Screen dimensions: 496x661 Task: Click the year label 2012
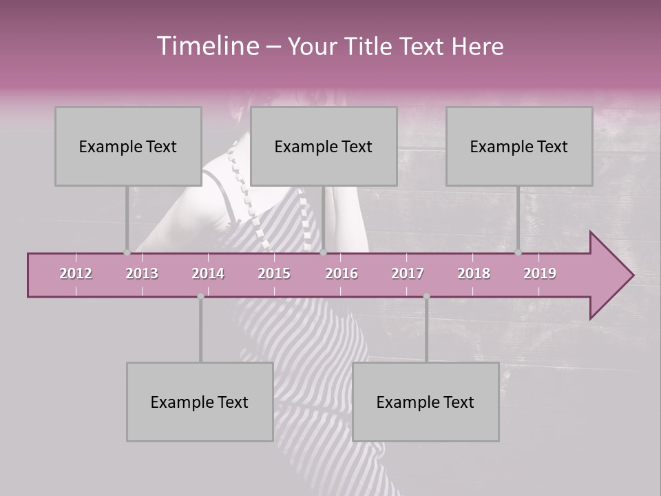coord(76,273)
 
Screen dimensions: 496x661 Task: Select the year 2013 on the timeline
coord(142,273)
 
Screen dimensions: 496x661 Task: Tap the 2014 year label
coord(208,273)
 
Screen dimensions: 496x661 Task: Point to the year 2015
coord(274,273)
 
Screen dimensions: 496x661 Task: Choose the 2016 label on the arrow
coord(342,273)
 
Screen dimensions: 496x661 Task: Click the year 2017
coord(408,273)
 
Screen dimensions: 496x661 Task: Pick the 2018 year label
coord(474,273)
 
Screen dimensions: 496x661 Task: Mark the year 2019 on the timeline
coord(540,273)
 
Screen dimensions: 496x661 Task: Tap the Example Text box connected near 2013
coord(128,146)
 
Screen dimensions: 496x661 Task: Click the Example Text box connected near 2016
coord(324,146)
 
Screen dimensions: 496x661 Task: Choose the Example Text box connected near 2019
coord(519,146)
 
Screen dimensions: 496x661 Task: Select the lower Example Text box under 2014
coord(200,402)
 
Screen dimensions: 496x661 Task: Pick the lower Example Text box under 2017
coord(426,402)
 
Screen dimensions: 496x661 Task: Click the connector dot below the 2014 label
coord(200,296)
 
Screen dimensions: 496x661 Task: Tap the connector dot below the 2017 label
coord(426,296)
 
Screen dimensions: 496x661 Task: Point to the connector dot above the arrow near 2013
coord(127,253)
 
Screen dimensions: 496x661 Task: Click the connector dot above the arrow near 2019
coord(518,253)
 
